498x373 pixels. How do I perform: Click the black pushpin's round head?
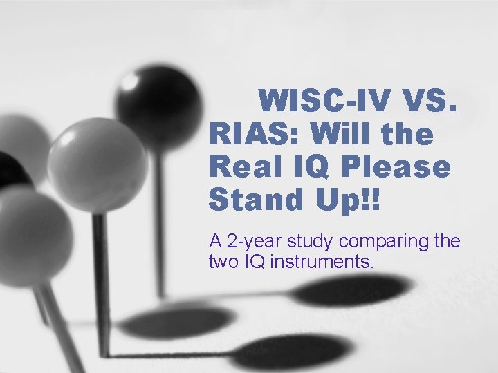pos(158,103)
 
